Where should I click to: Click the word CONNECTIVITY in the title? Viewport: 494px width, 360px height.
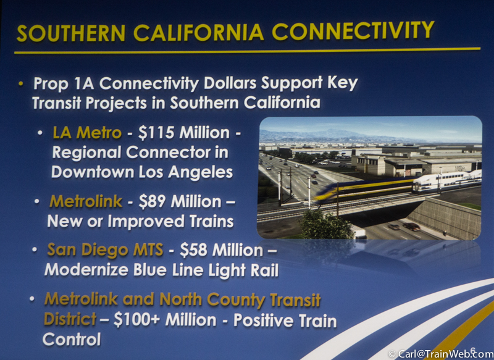tap(353, 31)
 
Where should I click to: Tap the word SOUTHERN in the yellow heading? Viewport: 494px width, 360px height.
tap(71, 33)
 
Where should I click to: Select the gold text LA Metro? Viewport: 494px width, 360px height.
tap(87, 133)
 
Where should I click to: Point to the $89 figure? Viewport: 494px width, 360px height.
tap(153, 201)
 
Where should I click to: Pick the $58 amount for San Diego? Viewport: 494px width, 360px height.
tap(194, 250)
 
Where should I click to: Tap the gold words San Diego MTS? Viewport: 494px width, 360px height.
tap(105, 250)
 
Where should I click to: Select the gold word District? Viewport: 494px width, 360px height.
tap(70, 319)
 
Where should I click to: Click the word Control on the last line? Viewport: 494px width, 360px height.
tap(72, 340)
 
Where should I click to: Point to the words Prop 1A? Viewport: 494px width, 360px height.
tap(64, 84)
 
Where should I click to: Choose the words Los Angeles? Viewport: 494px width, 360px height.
tap(185, 173)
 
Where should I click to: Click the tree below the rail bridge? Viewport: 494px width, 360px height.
tap(325, 225)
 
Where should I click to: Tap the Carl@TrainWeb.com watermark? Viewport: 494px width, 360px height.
tap(441, 354)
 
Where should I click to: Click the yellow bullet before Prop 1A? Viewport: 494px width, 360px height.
tap(21, 83)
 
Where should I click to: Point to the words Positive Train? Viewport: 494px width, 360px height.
tap(285, 320)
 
